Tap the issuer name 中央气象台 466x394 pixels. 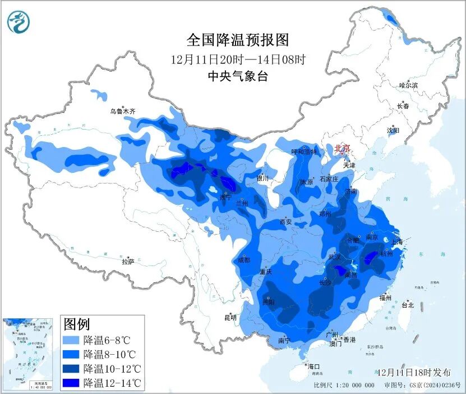(237, 76)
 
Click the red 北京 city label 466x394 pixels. (342, 148)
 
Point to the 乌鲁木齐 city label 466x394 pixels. (122, 112)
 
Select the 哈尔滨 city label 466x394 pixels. (408, 85)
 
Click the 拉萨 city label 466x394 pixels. (128, 261)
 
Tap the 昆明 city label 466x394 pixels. (230, 317)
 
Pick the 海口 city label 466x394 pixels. (313, 366)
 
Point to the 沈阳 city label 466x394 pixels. (393, 130)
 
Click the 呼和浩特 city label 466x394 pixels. (304, 152)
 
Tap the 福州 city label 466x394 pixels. (385, 297)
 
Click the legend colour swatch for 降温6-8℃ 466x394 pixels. (71, 340)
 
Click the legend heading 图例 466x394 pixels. (77, 324)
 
